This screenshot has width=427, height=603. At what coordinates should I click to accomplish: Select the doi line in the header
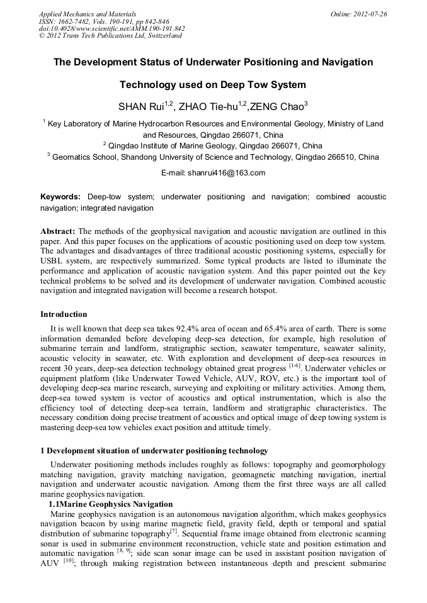click(111, 29)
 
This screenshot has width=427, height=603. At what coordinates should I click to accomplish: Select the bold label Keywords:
click(60, 197)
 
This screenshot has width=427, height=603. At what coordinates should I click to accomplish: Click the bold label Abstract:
click(58, 231)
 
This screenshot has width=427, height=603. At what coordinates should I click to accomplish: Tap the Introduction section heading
click(64, 314)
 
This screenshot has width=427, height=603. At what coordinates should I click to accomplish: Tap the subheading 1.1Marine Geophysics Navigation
click(111, 504)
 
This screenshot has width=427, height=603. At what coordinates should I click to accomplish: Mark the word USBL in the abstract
click(52, 260)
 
